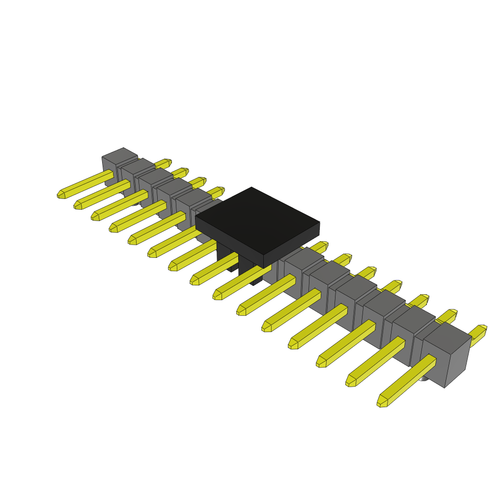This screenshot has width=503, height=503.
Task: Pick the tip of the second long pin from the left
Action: click(78, 206)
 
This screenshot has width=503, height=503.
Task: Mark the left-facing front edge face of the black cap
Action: click(228, 241)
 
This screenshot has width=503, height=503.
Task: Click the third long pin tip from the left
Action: click(95, 217)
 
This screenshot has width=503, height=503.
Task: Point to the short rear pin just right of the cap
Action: click(322, 245)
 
